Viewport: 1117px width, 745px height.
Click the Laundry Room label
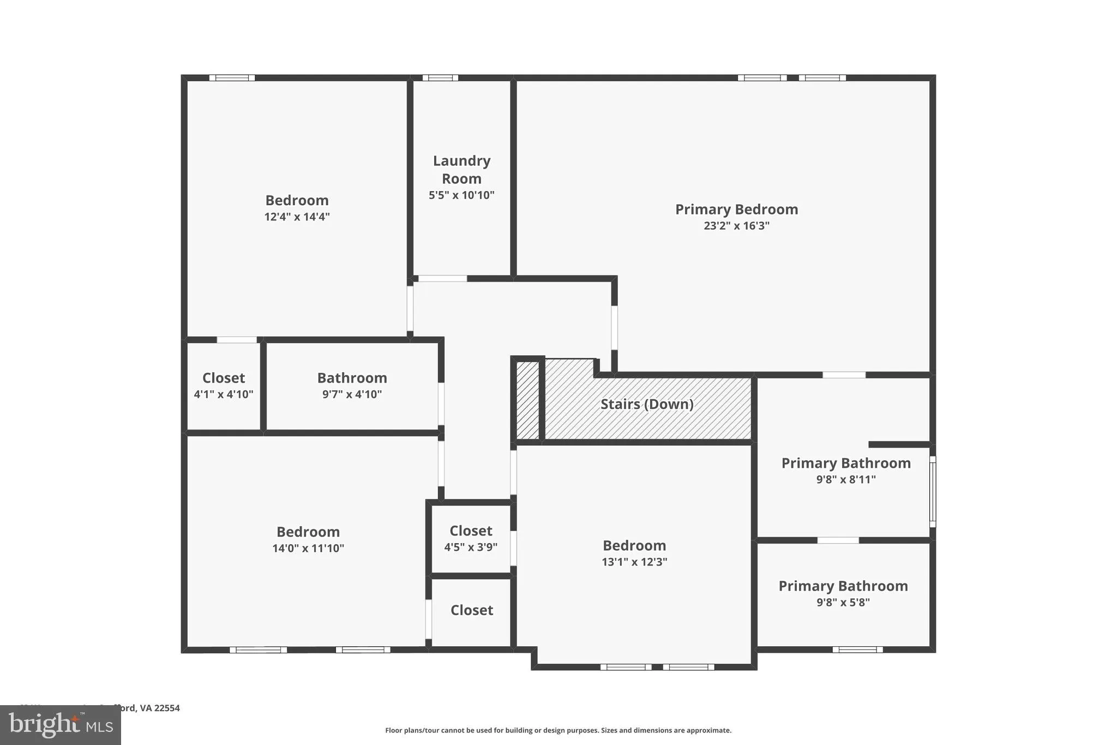[x=461, y=170]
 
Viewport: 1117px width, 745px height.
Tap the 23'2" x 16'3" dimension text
[x=736, y=226]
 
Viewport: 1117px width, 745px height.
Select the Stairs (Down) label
[x=647, y=404]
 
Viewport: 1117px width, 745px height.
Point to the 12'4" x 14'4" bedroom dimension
[x=297, y=217]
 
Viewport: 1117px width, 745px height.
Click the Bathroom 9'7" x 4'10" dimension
[x=352, y=395]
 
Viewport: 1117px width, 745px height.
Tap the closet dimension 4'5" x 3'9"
[x=471, y=547]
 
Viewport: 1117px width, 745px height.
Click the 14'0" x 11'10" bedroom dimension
[x=308, y=549]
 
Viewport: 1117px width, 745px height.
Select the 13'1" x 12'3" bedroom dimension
[x=634, y=562]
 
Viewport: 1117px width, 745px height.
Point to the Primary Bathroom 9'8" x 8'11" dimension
[x=846, y=480]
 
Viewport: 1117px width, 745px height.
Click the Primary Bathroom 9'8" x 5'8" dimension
[x=843, y=603]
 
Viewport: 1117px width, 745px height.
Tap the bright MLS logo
[x=61, y=725]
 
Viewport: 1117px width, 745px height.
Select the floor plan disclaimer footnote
[x=558, y=730]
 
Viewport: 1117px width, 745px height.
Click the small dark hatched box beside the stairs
[x=527, y=400]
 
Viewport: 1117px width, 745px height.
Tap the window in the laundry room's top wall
[x=440, y=78]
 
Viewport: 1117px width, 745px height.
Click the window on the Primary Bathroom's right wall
[x=933, y=492]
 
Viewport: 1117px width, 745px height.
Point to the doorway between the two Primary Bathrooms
[x=838, y=540]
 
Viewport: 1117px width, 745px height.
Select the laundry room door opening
[x=442, y=279]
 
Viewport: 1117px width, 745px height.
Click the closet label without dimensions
[x=472, y=610]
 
